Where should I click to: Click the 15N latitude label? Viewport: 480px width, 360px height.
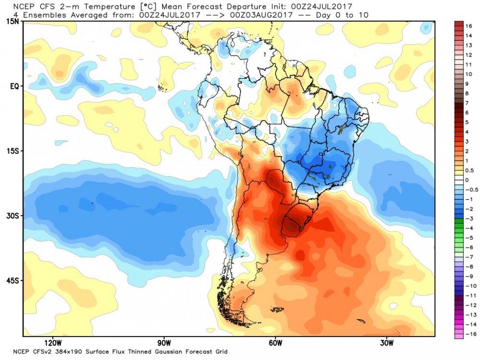pyautogui.click(x=12, y=22)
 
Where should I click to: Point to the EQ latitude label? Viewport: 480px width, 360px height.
pyautogui.click(x=14, y=87)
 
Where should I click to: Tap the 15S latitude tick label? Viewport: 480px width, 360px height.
pyautogui.click(x=12, y=151)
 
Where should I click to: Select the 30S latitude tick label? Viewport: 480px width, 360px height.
pyautogui.click(x=12, y=216)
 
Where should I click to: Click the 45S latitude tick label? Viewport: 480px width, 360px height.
pyautogui.click(x=12, y=281)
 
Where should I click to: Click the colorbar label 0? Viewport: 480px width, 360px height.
pyautogui.click(x=467, y=180)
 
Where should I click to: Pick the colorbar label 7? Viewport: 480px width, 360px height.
pyautogui.click(x=467, y=103)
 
